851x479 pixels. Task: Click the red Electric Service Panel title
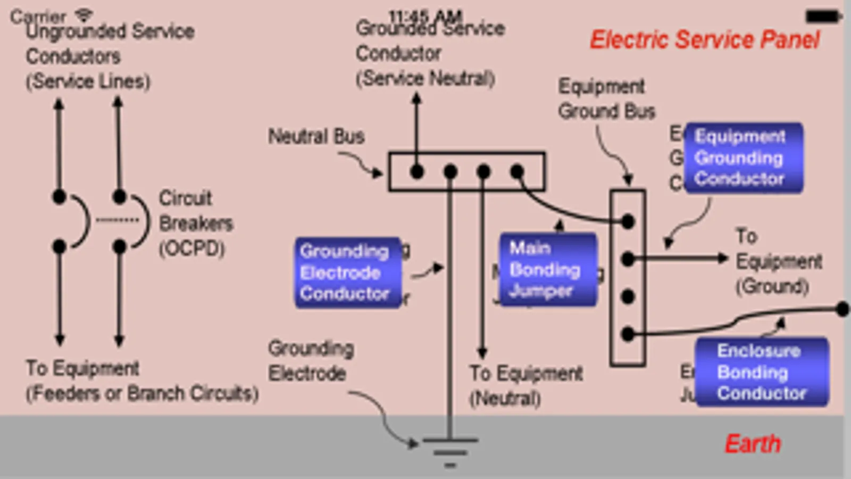[x=704, y=40]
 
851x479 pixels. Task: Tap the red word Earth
[x=752, y=443]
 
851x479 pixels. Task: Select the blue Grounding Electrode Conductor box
[x=347, y=272]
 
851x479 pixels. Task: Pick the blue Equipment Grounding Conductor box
[x=743, y=158]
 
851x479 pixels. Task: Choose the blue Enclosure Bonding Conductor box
[x=761, y=372]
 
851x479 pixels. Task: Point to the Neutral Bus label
[x=316, y=136]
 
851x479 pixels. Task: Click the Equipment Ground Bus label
[x=606, y=99]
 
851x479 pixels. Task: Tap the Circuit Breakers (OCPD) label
[x=195, y=223]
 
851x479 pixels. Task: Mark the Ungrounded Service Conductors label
[x=109, y=56]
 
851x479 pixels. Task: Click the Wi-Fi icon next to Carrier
[x=84, y=14]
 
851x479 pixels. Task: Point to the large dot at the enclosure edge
[x=842, y=309]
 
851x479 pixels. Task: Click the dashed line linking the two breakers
[x=117, y=220]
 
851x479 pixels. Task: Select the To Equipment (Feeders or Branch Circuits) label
[x=141, y=381]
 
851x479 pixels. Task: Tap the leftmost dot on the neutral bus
[x=417, y=171]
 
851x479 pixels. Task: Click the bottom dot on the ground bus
[x=628, y=334]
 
